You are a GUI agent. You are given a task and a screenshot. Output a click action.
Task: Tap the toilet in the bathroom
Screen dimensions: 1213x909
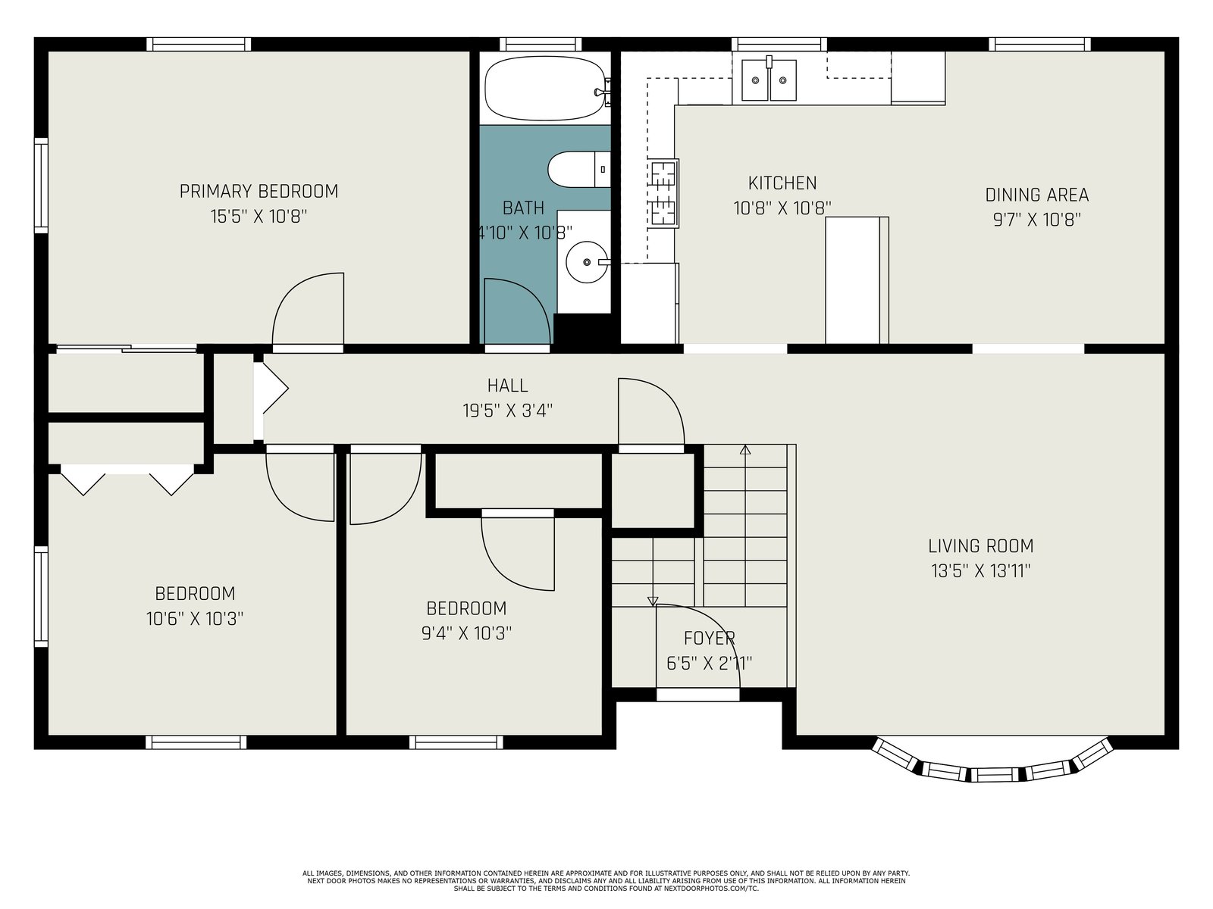coord(579,170)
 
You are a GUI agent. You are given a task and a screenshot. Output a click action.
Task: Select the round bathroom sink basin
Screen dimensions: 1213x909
coord(586,262)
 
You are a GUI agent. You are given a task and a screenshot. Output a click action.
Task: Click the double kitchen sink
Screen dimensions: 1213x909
coord(769,80)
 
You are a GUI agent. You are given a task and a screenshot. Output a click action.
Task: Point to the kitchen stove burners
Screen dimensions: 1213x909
coord(663,194)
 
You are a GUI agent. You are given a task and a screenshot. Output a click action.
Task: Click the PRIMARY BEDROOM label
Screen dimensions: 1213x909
coord(259,192)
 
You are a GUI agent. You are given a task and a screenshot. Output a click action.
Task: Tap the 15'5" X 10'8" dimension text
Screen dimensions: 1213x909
coord(259,217)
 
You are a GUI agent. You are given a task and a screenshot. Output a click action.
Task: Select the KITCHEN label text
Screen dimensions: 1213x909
coord(782,183)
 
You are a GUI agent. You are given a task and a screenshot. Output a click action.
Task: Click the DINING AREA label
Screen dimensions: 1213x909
coord(1036,195)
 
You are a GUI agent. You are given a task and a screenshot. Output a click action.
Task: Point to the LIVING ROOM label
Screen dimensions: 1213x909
coord(981,546)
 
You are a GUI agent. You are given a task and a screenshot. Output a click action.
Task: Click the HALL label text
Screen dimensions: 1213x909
coord(507,386)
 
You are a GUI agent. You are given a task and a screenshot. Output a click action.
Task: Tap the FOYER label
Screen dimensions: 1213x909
coord(709,638)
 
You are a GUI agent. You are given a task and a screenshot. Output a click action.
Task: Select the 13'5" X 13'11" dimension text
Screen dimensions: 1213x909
coord(981,570)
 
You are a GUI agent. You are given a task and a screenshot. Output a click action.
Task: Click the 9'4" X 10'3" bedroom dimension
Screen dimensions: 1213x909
coord(466,633)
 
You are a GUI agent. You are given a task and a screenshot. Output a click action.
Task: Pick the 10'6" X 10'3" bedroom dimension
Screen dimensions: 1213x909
coord(195,619)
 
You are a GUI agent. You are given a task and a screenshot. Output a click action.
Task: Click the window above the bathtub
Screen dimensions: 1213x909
coord(541,44)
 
